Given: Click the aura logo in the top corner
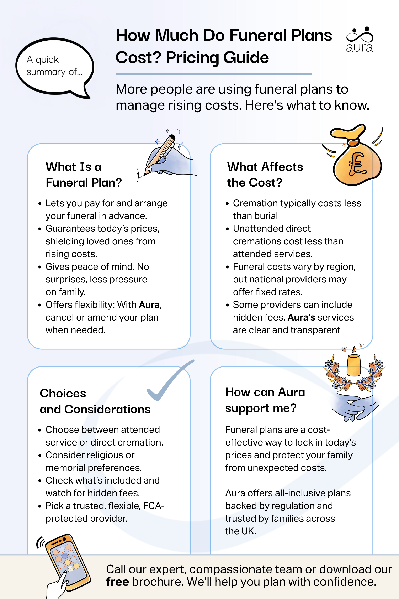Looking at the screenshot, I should [359, 40].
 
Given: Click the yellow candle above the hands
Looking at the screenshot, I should [354, 364].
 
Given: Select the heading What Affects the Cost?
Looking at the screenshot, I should [265, 175].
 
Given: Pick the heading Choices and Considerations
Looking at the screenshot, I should [95, 401].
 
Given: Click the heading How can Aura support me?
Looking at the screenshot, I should [265, 400].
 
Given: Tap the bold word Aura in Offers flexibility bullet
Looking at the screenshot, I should [149, 305].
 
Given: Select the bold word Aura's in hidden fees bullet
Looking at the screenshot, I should [301, 318].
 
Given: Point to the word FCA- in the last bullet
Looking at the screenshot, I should [154, 506].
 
